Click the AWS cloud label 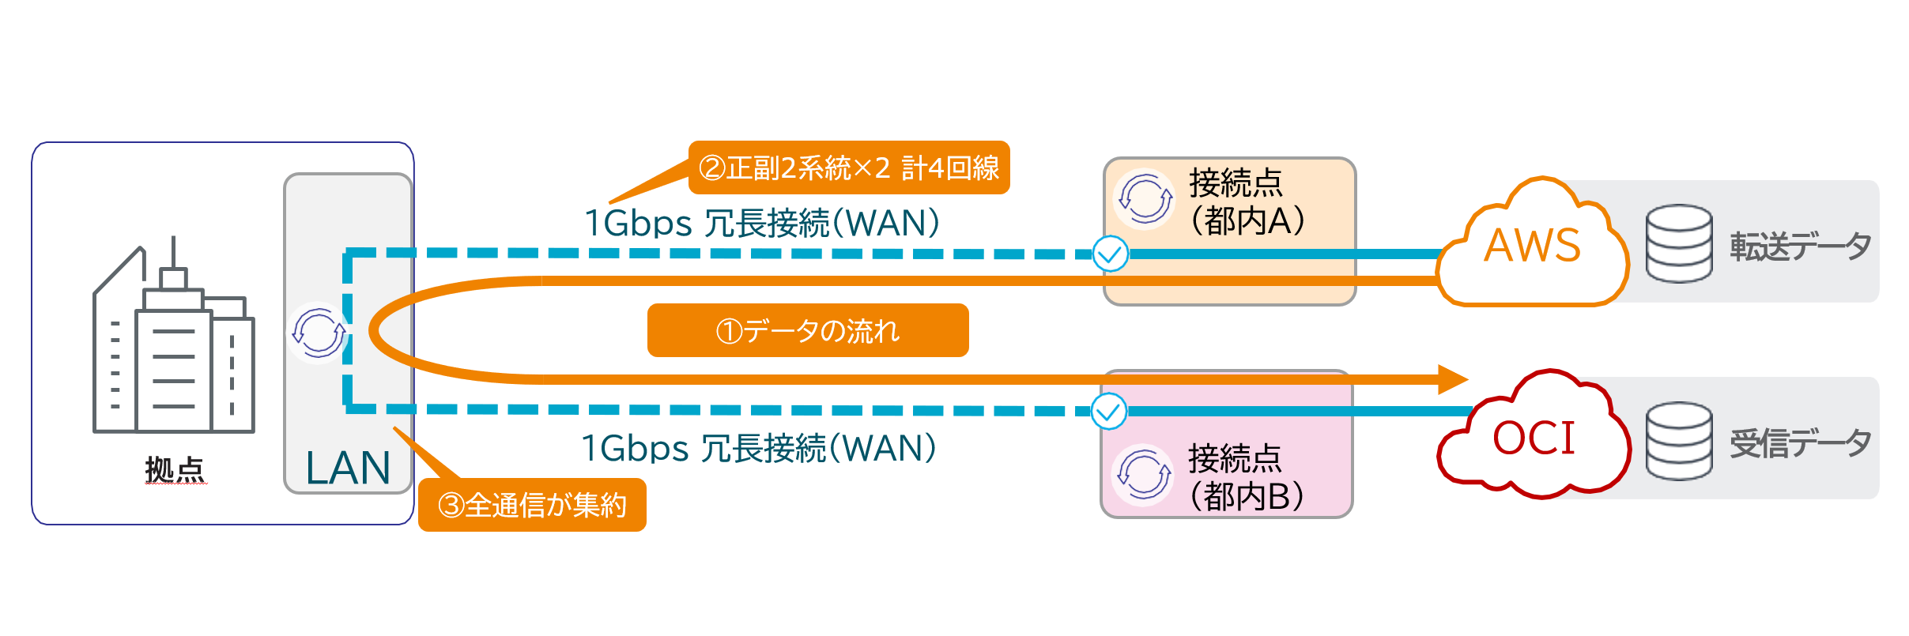click(x=1532, y=246)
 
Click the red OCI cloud click(x=1534, y=438)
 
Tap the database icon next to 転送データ click(x=1679, y=243)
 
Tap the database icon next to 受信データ click(x=1679, y=440)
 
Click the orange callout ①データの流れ click(x=807, y=330)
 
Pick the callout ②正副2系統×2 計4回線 click(x=848, y=167)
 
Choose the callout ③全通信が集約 click(x=532, y=505)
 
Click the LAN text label click(x=348, y=468)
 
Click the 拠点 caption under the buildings click(x=175, y=470)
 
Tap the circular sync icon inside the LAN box click(x=319, y=333)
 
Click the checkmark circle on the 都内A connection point click(x=1110, y=254)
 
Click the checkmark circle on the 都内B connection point click(x=1108, y=412)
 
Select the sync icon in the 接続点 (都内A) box click(x=1145, y=199)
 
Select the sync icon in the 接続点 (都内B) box click(x=1143, y=475)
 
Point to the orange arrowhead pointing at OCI click(x=1451, y=379)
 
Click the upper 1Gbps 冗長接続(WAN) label click(x=761, y=223)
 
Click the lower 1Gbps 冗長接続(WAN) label click(x=759, y=449)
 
